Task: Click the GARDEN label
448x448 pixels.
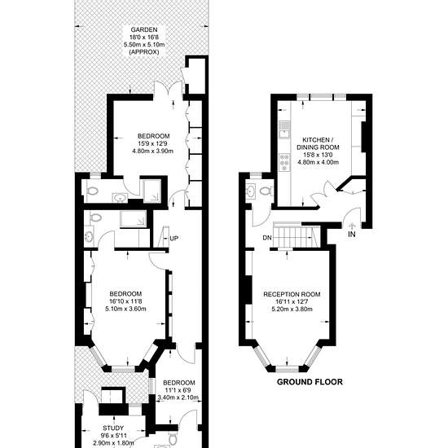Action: pyautogui.click(x=144, y=29)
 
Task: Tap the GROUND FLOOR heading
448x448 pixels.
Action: pyautogui.click(x=310, y=382)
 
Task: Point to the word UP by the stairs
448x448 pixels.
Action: pyautogui.click(x=174, y=238)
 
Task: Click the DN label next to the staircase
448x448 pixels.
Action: pyautogui.click(x=267, y=238)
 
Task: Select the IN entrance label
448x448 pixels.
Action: pyautogui.click(x=352, y=235)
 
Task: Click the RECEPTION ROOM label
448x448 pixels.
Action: pyautogui.click(x=292, y=294)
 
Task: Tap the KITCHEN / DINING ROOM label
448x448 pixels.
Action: pyautogui.click(x=318, y=143)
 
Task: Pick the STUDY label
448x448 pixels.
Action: pyautogui.click(x=113, y=428)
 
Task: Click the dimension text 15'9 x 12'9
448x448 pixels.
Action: pyautogui.click(x=153, y=143)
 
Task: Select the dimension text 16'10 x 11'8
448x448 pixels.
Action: pyautogui.click(x=125, y=301)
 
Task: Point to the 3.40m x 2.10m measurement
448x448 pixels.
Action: pyautogui.click(x=178, y=397)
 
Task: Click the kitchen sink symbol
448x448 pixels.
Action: pyautogui.click(x=284, y=130)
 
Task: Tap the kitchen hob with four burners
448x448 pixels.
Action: pyautogui.click(x=284, y=162)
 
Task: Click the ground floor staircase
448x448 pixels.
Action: pyautogui.click(x=296, y=235)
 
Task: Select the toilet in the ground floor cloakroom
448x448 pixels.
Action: pyautogui.click(x=267, y=191)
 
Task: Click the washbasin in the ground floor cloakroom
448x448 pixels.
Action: pyautogui.click(x=251, y=191)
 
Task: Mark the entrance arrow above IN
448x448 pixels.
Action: pyautogui.click(x=352, y=226)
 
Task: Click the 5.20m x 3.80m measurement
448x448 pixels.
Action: pyautogui.click(x=292, y=309)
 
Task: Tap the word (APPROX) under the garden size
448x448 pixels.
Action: pyautogui.click(x=144, y=52)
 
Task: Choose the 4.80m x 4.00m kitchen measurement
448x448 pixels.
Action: pyautogui.click(x=318, y=162)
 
